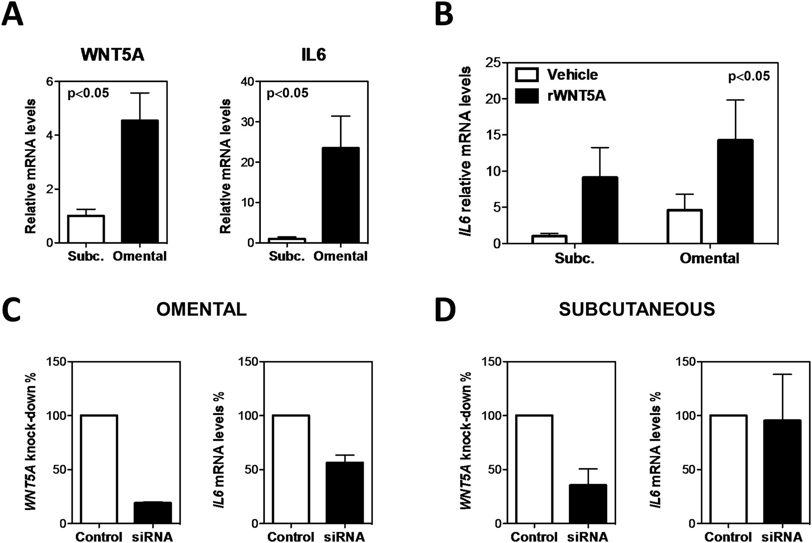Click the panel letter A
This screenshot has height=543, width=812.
click(13, 15)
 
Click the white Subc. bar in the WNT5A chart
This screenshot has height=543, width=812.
click(86, 229)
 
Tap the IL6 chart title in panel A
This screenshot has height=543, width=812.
click(313, 55)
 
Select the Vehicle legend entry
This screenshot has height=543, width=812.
click(557, 75)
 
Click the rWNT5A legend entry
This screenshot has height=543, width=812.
click(561, 96)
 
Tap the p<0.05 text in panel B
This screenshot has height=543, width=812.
click(749, 76)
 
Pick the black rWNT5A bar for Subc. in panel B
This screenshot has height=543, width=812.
click(599, 210)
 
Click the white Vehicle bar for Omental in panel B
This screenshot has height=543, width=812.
click(685, 226)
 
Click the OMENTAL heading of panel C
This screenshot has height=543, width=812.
click(201, 309)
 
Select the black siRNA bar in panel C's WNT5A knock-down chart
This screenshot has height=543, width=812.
click(153, 513)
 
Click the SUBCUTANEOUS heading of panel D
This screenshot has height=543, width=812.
click(637, 309)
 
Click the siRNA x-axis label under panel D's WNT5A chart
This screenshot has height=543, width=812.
click(589, 537)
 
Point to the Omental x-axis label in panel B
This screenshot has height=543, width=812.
click(709, 258)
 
